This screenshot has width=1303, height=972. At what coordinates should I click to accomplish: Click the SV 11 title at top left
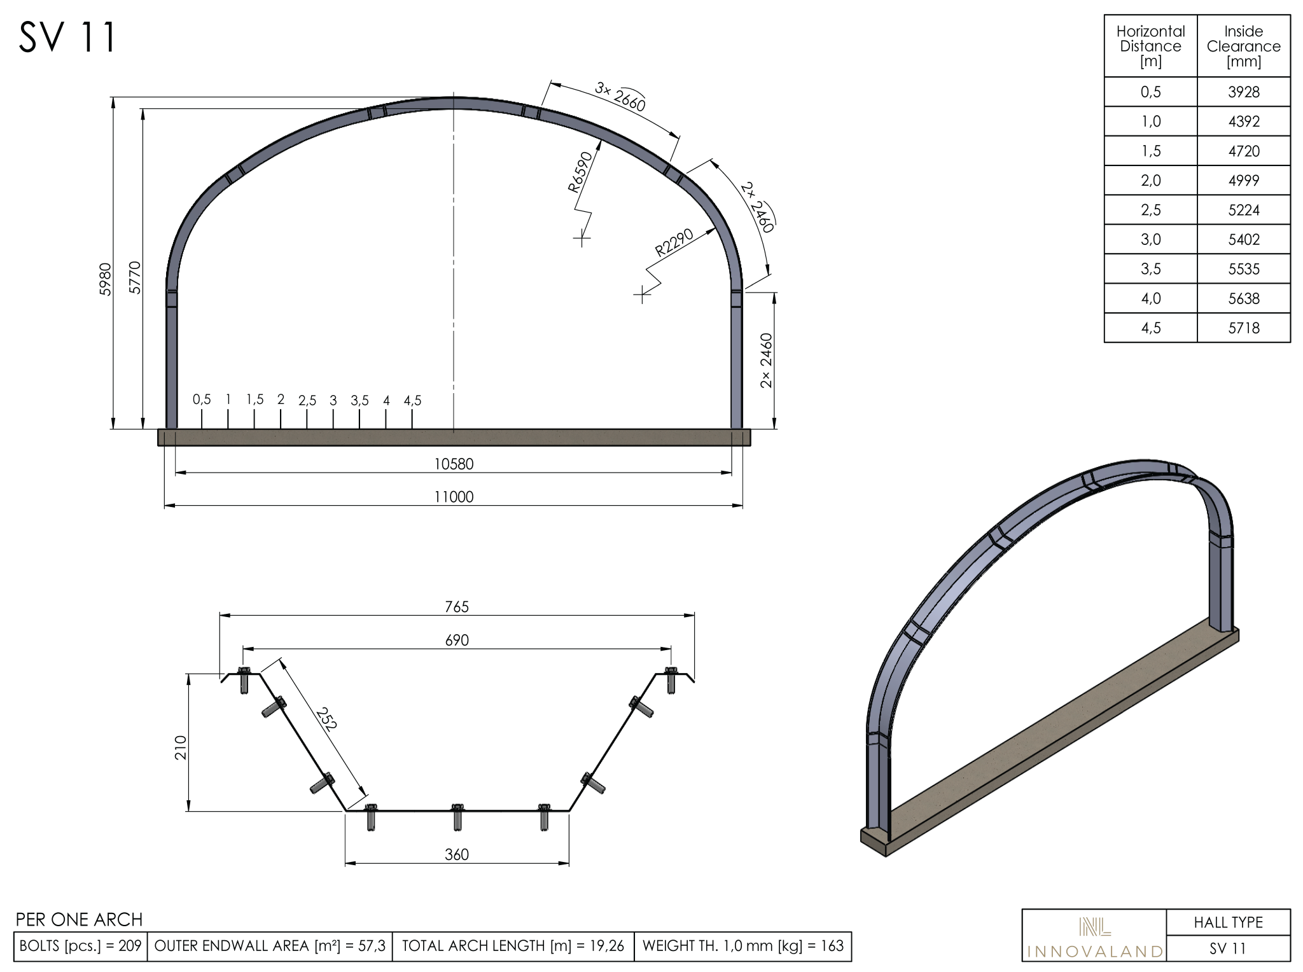[x=67, y=37]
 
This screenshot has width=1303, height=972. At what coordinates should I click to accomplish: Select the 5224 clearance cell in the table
[x=1244, y=210]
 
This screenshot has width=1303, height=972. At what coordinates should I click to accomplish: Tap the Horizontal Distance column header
[x=1151, y=46]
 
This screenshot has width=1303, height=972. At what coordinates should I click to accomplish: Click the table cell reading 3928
[x=1244, y=92]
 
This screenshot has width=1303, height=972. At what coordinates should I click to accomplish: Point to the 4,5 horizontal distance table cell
[x=1151, y=328]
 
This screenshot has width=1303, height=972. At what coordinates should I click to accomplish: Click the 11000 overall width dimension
[x=454, y=497]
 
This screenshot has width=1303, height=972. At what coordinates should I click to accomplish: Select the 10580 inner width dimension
[x=454, y=464]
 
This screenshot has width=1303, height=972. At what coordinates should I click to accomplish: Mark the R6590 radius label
[x=580, y=172]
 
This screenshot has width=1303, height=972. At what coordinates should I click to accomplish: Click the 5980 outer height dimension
[x=106, y=279]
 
